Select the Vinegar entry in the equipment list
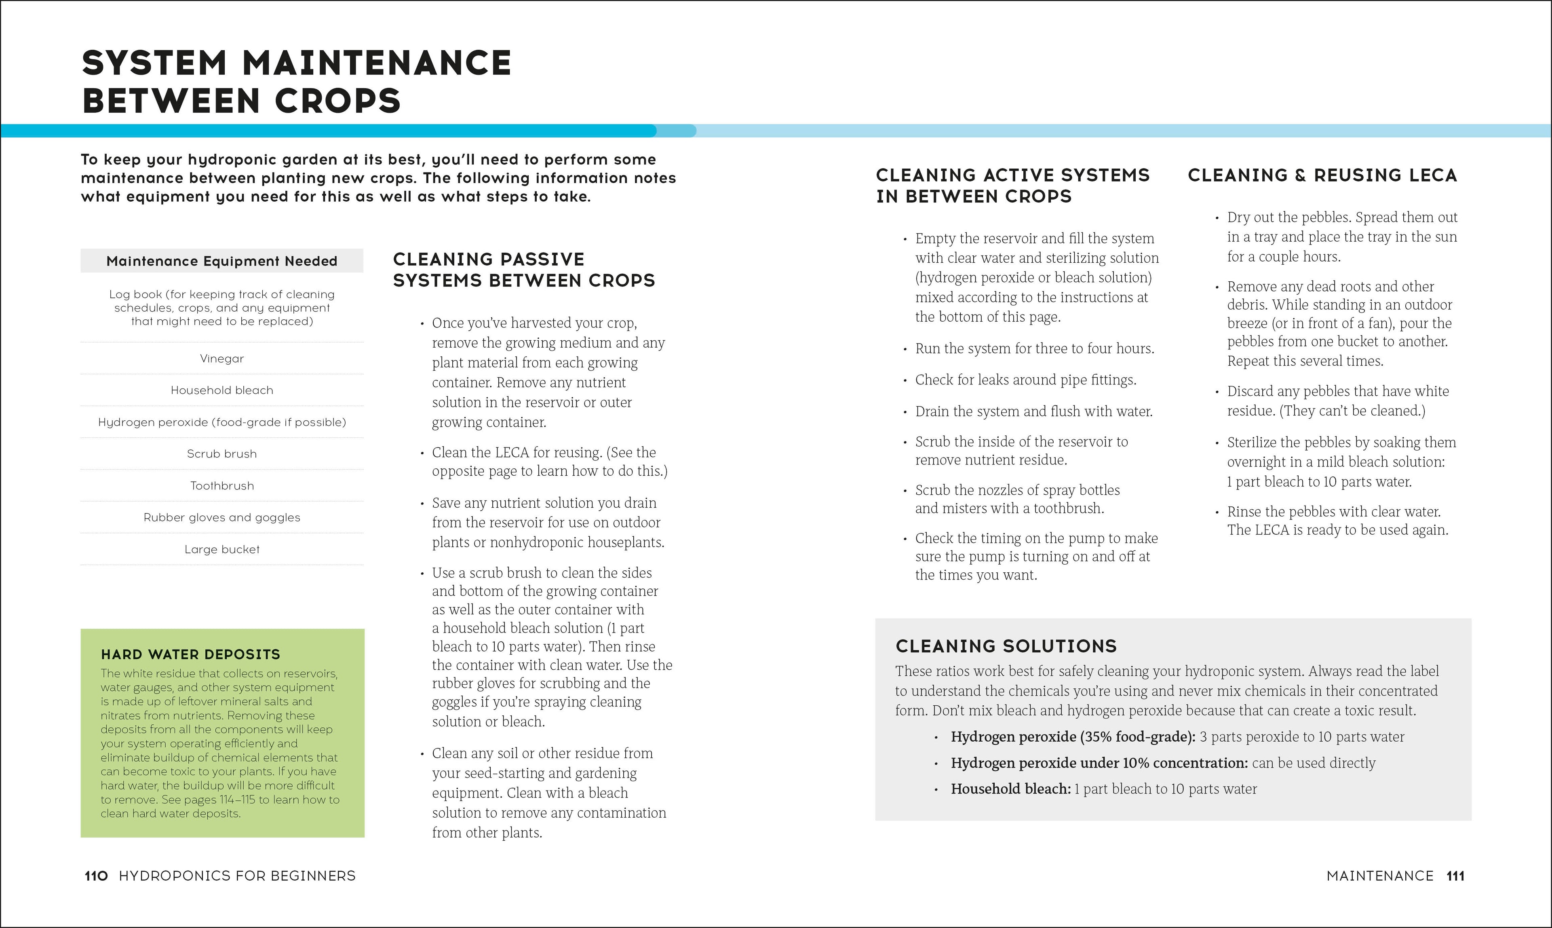pyautogui.click(x=221, y=359)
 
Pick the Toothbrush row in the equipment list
pyautogui.click(x=221, y=485)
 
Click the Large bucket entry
pyautogui.click(x=221, y=549)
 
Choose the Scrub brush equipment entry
pyautogui.click(x=221, y=453)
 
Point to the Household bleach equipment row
pyautogui.click(x=221, y=390)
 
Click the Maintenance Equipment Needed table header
pyautogui.click(x=221, y=261)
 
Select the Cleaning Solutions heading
pyautogui.click(x=1006, y=646)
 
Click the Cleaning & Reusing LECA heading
pyautogui.click(x=1322, y=175)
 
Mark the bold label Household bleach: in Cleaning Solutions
pyautogui.click(x=1010, y=789)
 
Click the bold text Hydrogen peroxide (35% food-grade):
pyautogui.click(x=1072, y=737)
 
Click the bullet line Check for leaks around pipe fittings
pyautogui.click(x=1025, y=380)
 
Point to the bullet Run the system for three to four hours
pyautogui.click(x=1034, y=348)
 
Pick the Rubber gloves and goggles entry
pyautogui.click(x=221, y=517)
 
